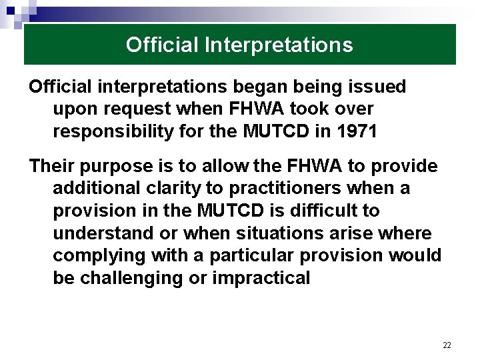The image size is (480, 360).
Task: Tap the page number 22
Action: click(447, 345)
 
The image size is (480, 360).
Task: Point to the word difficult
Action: click(326, 211)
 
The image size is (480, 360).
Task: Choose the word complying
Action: click(100, 255)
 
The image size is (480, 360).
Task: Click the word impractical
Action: click(261, 278)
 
